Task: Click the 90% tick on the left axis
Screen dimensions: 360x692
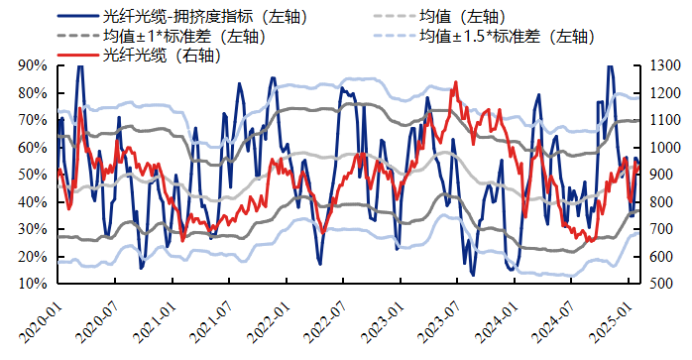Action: coord(33,65)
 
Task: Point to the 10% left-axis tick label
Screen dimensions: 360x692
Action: coord(33,284)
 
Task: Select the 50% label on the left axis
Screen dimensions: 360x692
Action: coord(33,175)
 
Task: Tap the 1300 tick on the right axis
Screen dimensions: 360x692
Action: coord(663,65)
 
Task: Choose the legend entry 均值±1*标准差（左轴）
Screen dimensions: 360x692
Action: coord(184,37)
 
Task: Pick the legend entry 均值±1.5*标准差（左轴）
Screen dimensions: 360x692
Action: coord(506,37)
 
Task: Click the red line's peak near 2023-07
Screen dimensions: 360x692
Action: coord(455,82)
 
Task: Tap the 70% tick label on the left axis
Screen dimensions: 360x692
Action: coord(33,120)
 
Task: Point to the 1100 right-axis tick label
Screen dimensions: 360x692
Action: coord(663,120)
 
